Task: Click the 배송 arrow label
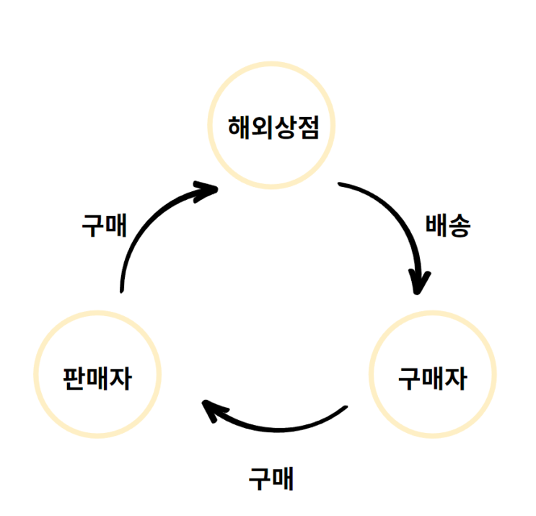pyautogui.click(x=448, y=226)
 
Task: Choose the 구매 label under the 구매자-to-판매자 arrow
pyautogui.click(x=271, y=478)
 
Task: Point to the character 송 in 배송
pyautogui.click(x=460, y=226)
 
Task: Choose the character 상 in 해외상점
pyautogui.click(x=284, y=128)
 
